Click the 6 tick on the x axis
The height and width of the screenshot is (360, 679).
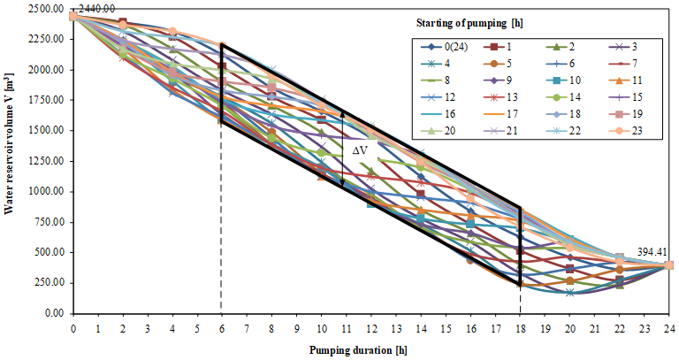pos(222,326)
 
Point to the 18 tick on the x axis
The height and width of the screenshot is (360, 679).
pos(520,326)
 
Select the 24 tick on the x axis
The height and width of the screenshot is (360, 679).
pos(668,326)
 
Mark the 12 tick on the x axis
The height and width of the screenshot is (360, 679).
pos(370,326)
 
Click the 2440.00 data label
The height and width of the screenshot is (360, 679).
pos(96,9)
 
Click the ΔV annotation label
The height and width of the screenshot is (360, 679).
pos(361,150)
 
